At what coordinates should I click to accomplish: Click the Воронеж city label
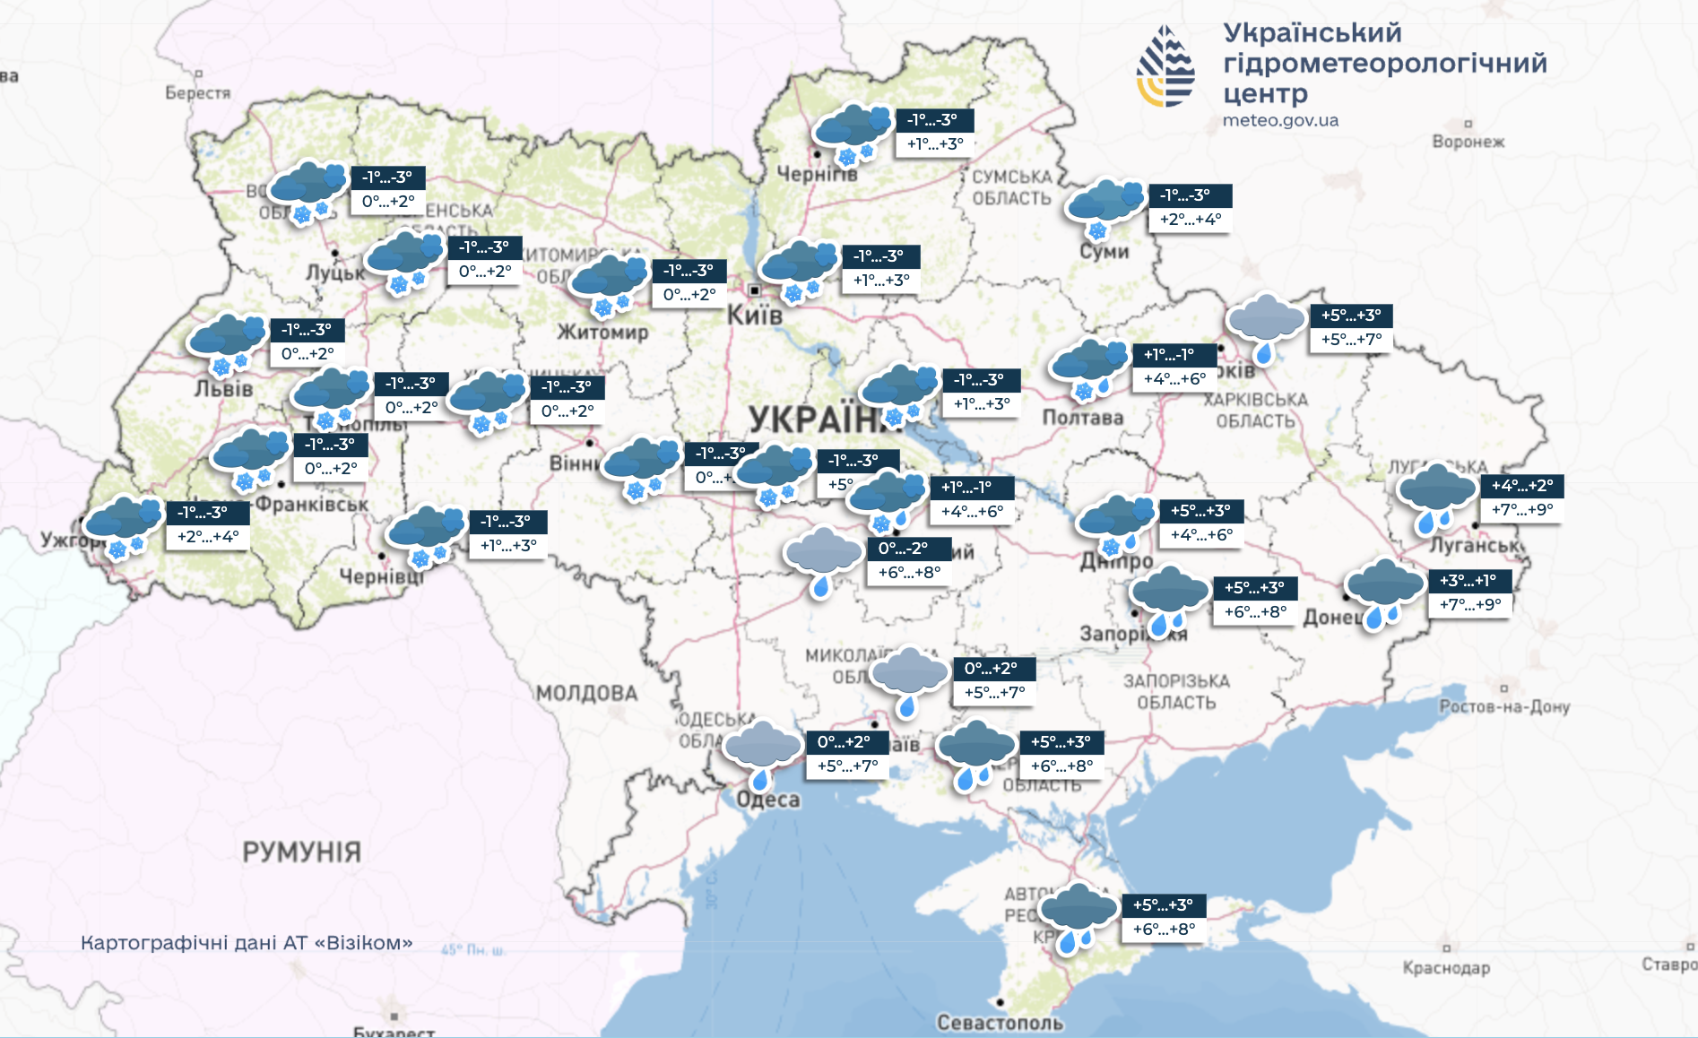(x=1468, y=142)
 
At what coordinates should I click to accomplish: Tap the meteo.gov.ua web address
(x=1280, y=120)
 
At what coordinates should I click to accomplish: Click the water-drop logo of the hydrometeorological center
(x=1165, y=67)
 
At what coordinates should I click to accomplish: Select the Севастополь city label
(x=1000, y=1022)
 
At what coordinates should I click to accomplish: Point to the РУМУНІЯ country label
(x=301, y=852)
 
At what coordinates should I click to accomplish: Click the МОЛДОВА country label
(x=586, y=693)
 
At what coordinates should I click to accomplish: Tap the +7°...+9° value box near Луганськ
(x=1521, y=510)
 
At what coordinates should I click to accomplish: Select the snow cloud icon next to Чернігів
(x=853, y=133)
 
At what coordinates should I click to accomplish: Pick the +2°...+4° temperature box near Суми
(x=1190, y=220)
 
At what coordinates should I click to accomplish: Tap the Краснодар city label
(x=1446, y=968)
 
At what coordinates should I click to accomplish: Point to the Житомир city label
(x=602, y=333)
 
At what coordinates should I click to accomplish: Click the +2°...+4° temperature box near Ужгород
(x=208, y=537)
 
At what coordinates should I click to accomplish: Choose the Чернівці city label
(x=381, y=576)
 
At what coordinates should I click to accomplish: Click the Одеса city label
(x=768, y=800)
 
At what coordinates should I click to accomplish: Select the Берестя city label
(x=197, y=92)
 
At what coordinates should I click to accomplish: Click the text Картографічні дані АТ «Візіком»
(x=247, y=943)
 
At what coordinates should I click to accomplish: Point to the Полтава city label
(x=1082, y=418)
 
